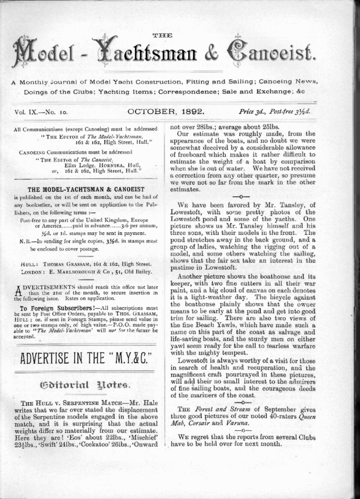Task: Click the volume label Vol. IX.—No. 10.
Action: click(42, 112)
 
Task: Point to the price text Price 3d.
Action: click(253, 112)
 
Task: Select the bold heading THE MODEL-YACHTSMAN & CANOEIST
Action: click(86, 189)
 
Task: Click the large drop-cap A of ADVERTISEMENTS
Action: click(17, 291)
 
